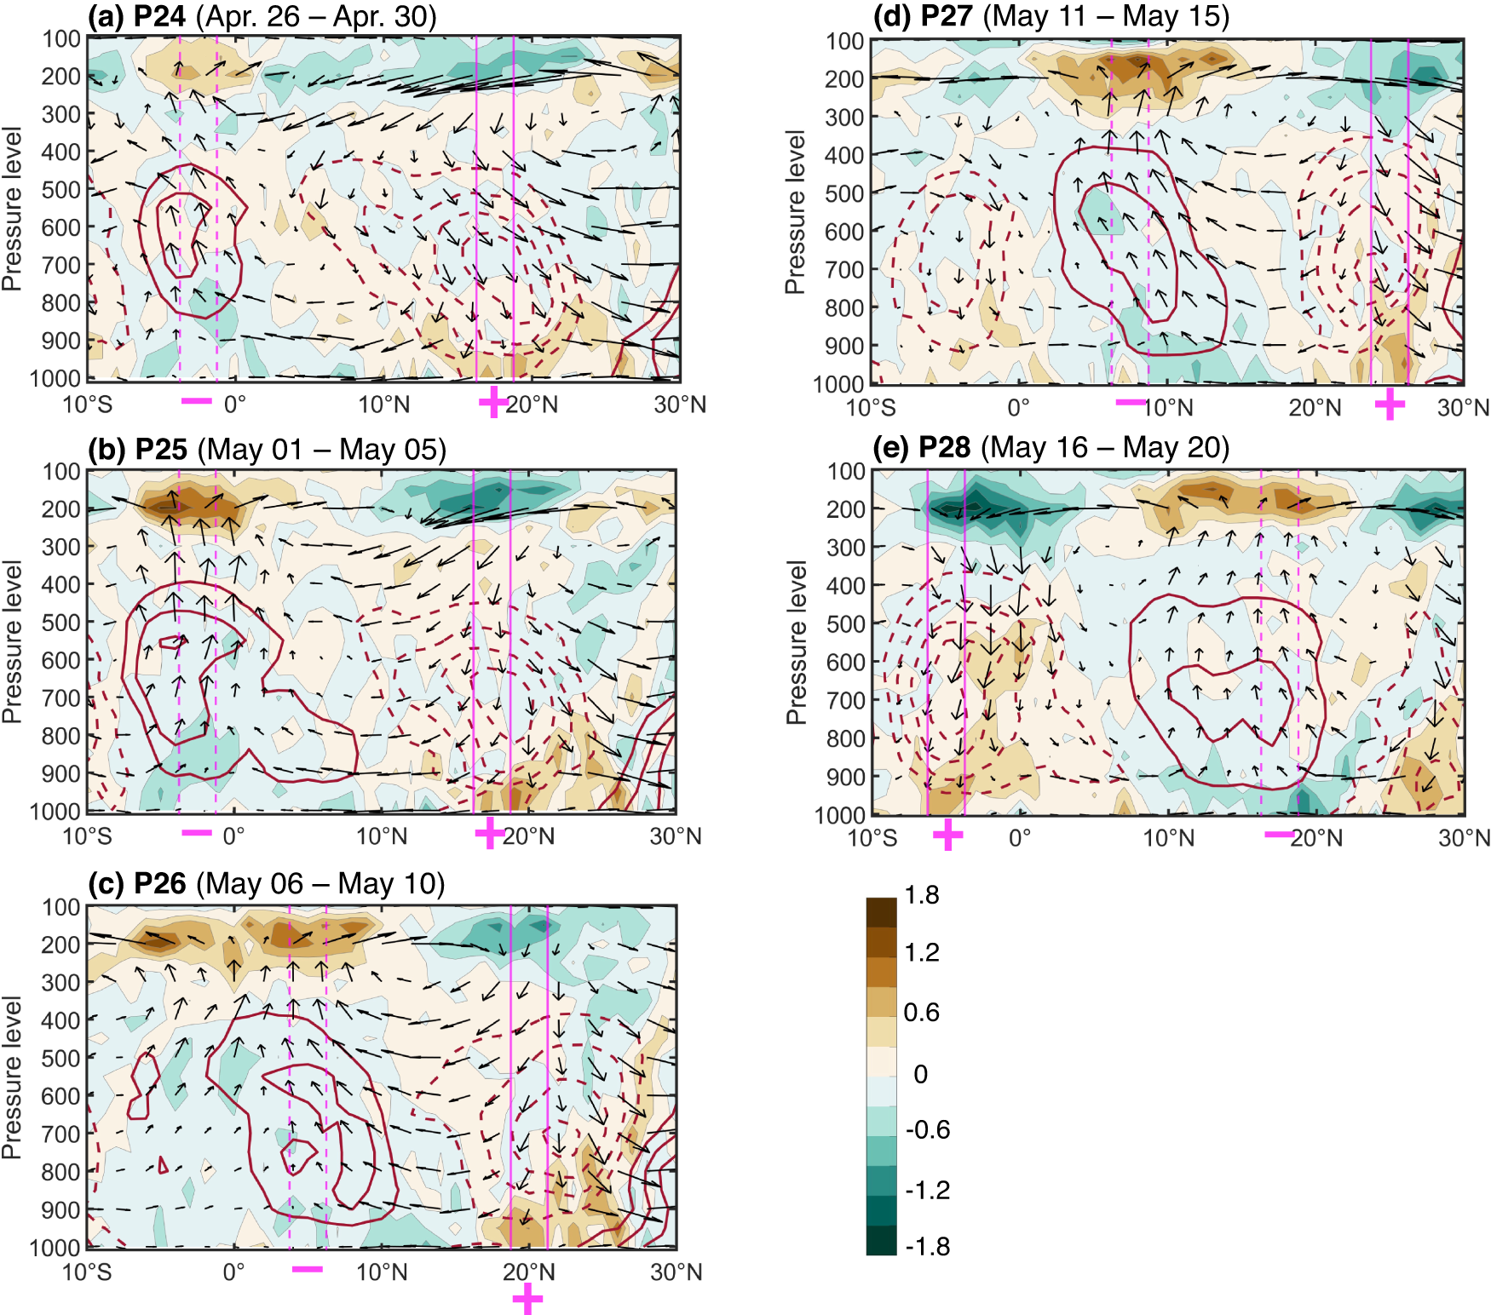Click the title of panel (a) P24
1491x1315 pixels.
(262, 16)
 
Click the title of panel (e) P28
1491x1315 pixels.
(1051, 447)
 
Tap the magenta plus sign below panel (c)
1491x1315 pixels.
(527, 1299)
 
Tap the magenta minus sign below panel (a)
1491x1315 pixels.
(197, 400)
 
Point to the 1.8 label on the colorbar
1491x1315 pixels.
(922, 895)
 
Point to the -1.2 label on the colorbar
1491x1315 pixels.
(927, 1190)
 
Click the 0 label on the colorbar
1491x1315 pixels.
(920, 1074)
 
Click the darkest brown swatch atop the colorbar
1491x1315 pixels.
(881, 911)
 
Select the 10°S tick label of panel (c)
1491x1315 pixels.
(87, 1272)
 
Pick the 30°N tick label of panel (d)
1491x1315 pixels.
(1463, 407)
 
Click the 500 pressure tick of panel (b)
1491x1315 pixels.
(61, 623)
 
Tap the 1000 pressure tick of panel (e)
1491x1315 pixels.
(840, 816)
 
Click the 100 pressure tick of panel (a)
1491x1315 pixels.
(62, 39)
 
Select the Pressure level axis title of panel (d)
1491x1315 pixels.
(795, 212)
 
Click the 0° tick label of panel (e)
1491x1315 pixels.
(1020, 838)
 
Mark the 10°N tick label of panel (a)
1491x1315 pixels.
(383, 405)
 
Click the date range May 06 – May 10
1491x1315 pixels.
(320, 883)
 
